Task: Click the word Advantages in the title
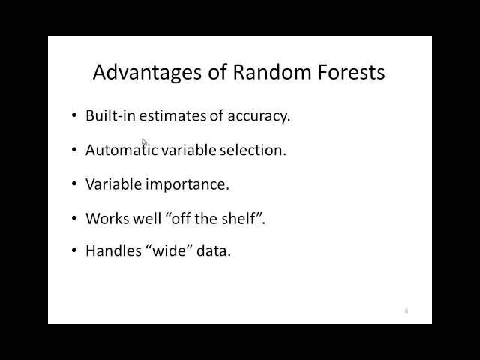(147, 73)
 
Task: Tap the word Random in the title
(272, 72)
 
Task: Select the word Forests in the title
(351, 72)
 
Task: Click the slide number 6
(406, 310)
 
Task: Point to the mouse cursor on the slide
(144, 142)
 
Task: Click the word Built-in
(110, 115)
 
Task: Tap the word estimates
(172, 116)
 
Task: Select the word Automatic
(121, 150)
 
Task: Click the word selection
(253, 150)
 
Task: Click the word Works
(107, 218)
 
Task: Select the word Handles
(113, 250)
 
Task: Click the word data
(214, 250)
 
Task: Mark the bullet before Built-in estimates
(74, 115)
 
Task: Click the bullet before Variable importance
(74, 184)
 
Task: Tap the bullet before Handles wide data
(74, 250)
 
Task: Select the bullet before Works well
(74, 218)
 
